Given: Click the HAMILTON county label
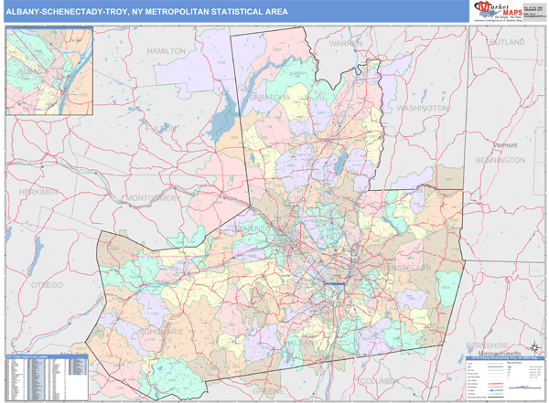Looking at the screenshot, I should pos(166,52).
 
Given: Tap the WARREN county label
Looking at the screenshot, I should pos(346,43).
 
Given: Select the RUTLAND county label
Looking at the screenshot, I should pos(506,42).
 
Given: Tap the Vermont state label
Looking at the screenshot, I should pos(505,145).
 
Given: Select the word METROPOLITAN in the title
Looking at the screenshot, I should pos(176,12).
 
